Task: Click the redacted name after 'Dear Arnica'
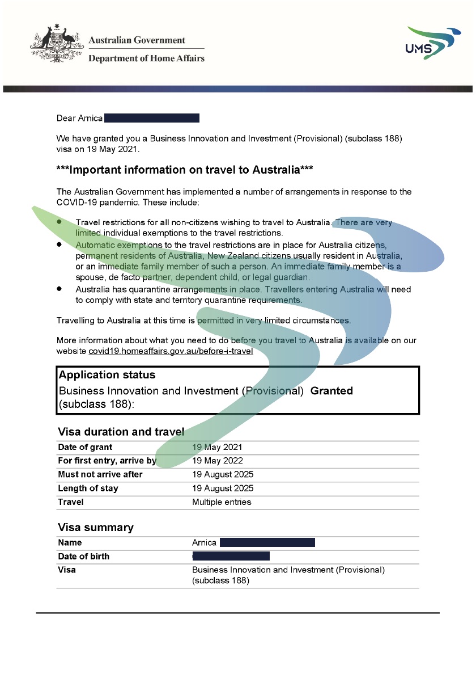(x=152, y=118)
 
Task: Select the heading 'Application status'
(x=107, y=375)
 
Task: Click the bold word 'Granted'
(x=331, y=391)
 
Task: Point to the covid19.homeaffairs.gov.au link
(x=171, y=351)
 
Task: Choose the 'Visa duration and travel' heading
(x=121, y=432)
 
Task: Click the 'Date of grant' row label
(x=85, y=447)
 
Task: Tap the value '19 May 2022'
(x=218, y=461)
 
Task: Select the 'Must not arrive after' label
(x=100, y=474)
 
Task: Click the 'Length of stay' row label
(x=88, y=488)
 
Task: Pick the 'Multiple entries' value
(x=222, y=502)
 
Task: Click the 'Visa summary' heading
(x=96, y=528)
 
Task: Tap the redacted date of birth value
(x=231, y=557)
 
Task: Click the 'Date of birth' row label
(x=84, y=557)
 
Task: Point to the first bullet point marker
(x=59, y=222)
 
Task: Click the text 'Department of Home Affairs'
(x=146, y=58)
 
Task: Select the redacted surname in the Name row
(x=267, y=543)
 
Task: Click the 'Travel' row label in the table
(x=71, y=502)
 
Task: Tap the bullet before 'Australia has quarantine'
(x=59, y=289)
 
